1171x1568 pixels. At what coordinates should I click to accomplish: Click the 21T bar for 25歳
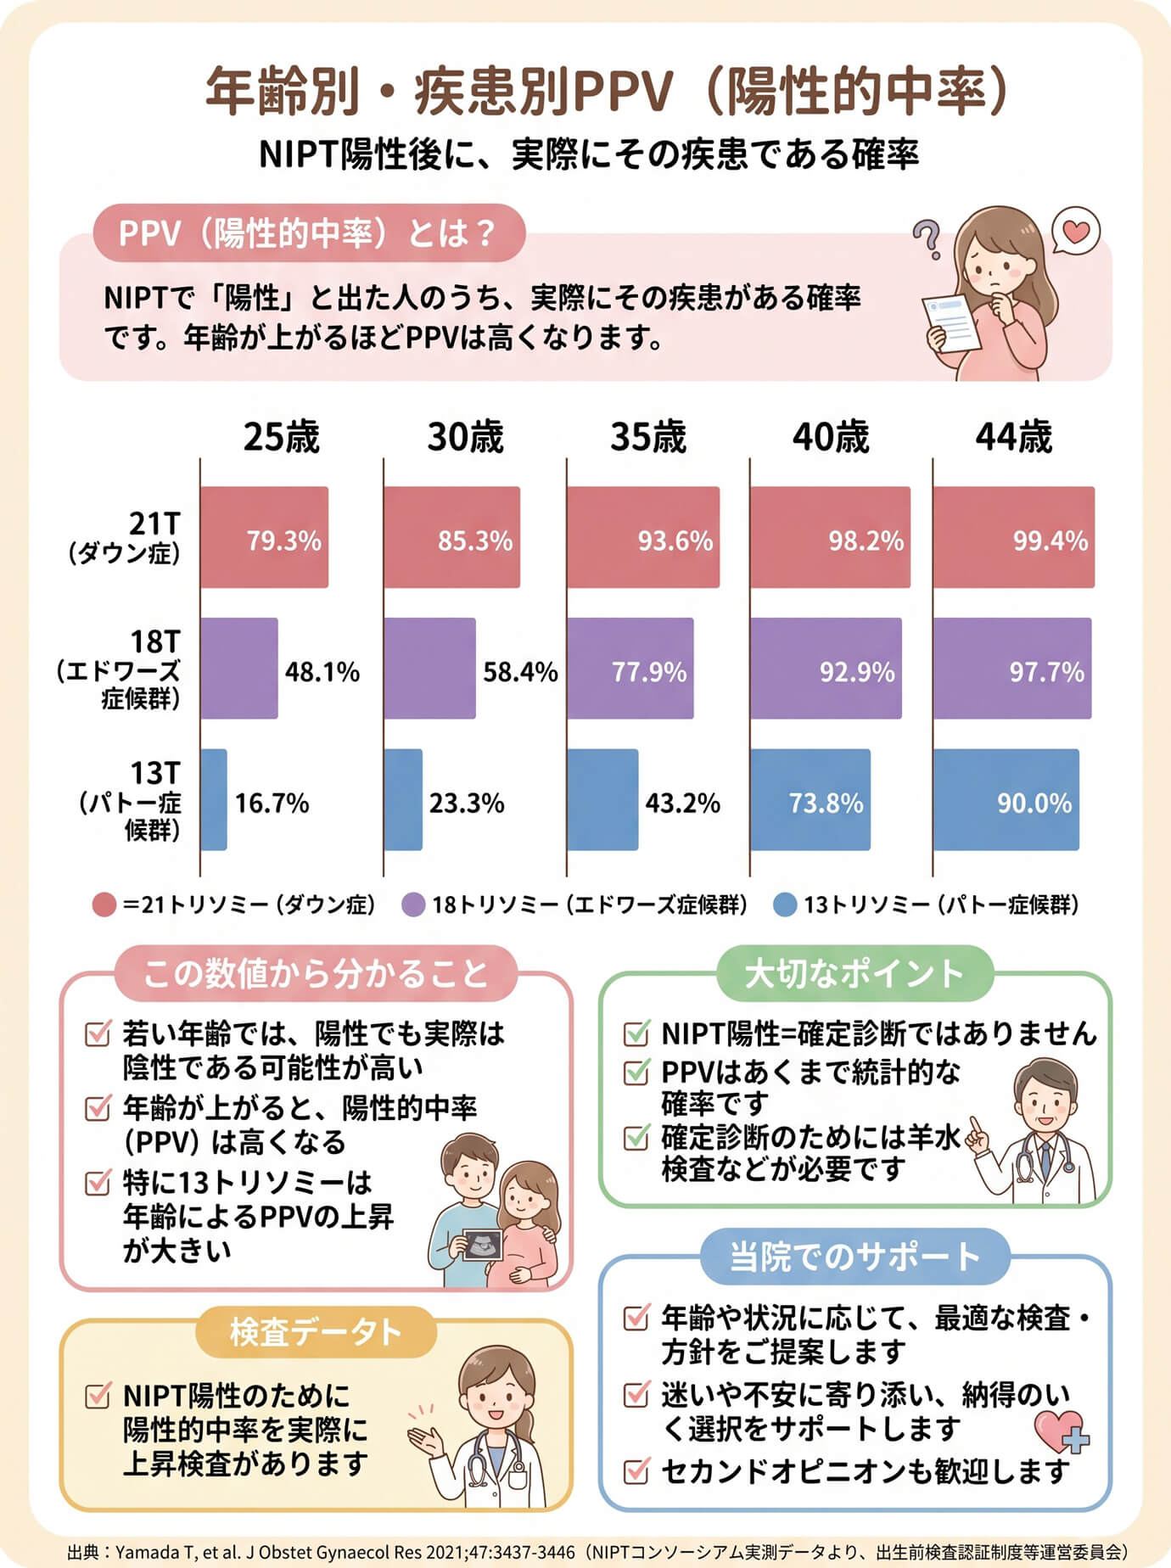click(x=264, y=537)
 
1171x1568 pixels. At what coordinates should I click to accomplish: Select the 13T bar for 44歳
click(x=1006, y=799)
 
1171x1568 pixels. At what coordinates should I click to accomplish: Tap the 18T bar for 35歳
click(x=630, y=669)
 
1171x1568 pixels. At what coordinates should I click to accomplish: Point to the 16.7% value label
click(x=272, y=803)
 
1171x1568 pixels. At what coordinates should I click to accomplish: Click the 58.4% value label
click(x=520, y=672)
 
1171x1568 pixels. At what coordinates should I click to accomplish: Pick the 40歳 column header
click(x=831, y=437)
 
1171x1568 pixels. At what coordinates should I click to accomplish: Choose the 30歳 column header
click(x=465, y=437)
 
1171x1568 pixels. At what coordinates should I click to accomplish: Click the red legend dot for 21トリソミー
click(x=104, y=904)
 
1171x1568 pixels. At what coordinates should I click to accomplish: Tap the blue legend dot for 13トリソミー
click(x=785, y=904)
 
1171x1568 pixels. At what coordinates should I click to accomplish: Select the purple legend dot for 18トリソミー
click(x=412, y=904)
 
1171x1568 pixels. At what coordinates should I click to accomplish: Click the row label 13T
click(x=155, y=773)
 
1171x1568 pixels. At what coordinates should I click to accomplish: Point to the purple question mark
click(x=928, y=239)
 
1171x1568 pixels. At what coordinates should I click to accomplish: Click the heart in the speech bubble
click(x=1076, y=230)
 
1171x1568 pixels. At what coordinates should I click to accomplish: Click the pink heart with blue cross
click(x=1062, y=1431)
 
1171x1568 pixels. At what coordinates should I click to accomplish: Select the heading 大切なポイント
click(x=854, y=973)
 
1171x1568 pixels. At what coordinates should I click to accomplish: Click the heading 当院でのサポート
click(x=855, y=1256)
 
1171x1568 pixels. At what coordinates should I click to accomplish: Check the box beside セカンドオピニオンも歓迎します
click(x=636, y=1470)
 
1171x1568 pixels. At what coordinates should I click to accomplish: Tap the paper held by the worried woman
click(x=950, y=322)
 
